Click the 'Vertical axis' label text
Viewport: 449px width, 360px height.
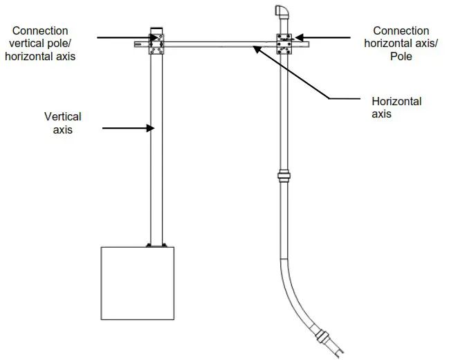pyautogui.click(x=63, y=123)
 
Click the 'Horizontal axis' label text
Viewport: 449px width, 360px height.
pyautogui.click(x=396, y=107)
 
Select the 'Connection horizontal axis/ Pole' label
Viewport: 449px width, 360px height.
pyautogui.click(x=401, y=43)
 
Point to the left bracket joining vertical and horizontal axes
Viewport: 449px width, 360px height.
pyautogui.click(x=156, y=44)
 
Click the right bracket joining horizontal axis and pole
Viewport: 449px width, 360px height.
pyautogui.click(x=284, y=43)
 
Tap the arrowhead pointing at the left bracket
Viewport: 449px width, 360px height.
pyautogui.click(x=152, y=37)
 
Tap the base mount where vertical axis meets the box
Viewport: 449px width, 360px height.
pyautogui.click(x=156, y=244)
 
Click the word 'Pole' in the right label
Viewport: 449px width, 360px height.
pyautogui.click(x=401, y=56)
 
